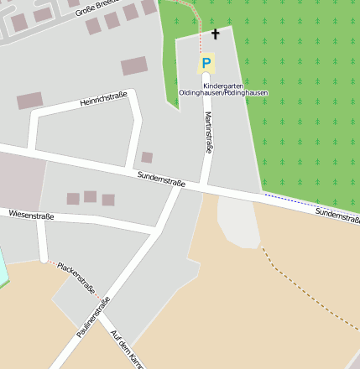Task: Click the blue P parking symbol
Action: coord(206,63)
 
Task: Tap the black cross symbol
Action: coord(215,34)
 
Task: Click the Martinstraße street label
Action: coord(208,133)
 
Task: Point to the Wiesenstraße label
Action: coord(31,216)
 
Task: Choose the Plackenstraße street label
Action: coord(76,278)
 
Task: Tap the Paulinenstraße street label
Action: coord(94,320)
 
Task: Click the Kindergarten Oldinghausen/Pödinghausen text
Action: coord(223,88)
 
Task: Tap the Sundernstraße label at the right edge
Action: coord(337,216)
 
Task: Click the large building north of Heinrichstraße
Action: coord(134,65)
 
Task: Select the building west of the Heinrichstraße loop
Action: coord(29,101)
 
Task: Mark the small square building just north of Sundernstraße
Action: coord(147,157)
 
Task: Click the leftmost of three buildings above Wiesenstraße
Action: coord(73,199)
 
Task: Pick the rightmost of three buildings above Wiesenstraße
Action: coord(108,200)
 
